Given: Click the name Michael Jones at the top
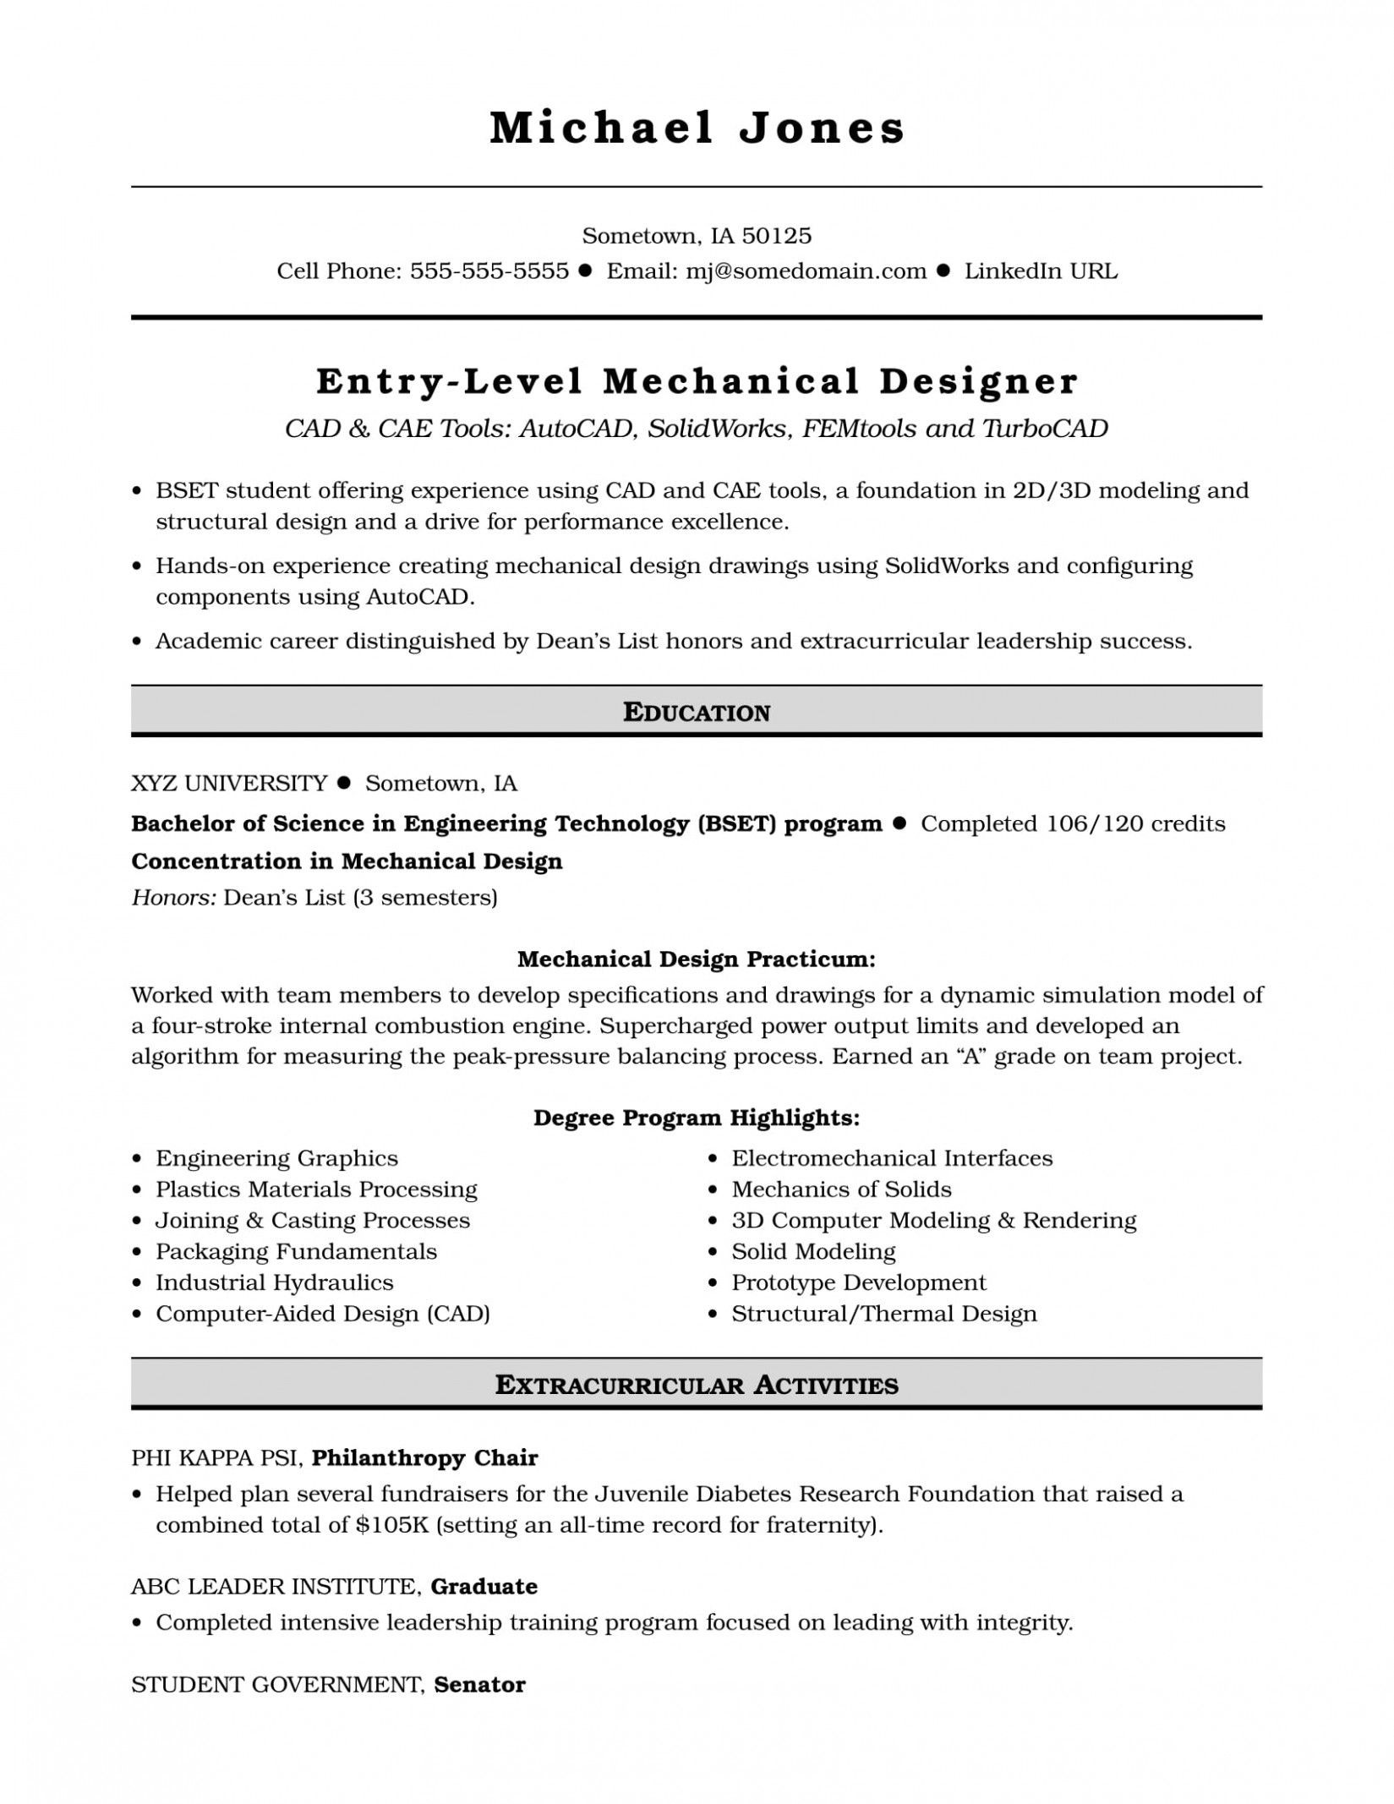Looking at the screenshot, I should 697,128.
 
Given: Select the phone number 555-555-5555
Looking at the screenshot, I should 489,271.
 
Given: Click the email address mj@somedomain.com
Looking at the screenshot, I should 806,271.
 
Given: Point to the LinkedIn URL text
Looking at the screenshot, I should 1041,271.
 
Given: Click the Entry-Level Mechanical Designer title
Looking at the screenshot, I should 697,381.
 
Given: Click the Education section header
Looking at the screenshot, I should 697,713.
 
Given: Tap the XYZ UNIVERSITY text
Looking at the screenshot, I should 229,784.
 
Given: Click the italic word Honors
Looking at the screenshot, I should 173,897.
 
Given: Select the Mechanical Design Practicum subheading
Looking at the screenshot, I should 697,959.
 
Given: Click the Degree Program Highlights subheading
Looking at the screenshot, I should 697,1118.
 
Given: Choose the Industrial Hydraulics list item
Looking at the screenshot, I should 274,1282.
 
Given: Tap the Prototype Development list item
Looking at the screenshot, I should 858,1282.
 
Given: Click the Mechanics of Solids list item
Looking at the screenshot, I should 841,1189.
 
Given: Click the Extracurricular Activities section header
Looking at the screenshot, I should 697,1385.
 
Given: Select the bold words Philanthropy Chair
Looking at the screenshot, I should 424,1457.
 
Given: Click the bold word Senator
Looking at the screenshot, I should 479,1660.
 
